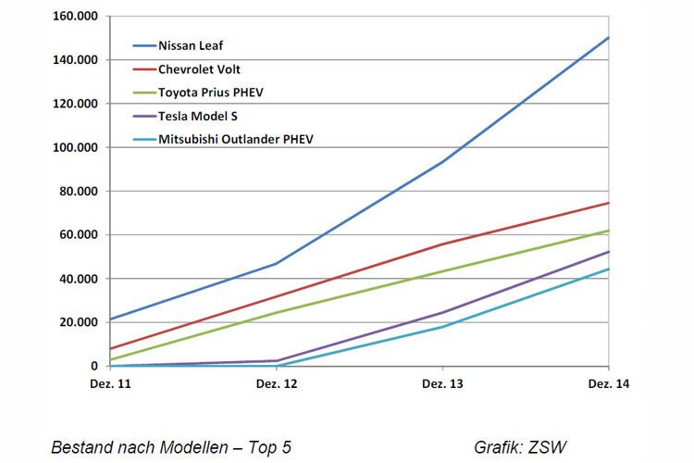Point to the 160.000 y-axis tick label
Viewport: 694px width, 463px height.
click(78, 17)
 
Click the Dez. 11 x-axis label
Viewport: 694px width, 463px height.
click(110, 383)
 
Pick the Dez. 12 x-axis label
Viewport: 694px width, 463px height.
click(276, 383)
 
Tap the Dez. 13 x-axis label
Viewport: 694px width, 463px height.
click(442, 383)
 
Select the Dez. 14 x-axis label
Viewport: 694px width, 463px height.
click(608, 383)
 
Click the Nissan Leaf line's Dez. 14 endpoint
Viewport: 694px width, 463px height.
click(608, 38)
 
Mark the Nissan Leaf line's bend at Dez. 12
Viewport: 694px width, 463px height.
click(276, 264)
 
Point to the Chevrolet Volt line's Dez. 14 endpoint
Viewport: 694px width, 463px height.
click(608, 203)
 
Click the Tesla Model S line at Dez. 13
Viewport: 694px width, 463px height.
click(442, 312)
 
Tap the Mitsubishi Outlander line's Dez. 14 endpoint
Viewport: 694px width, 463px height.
click(608, 269)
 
